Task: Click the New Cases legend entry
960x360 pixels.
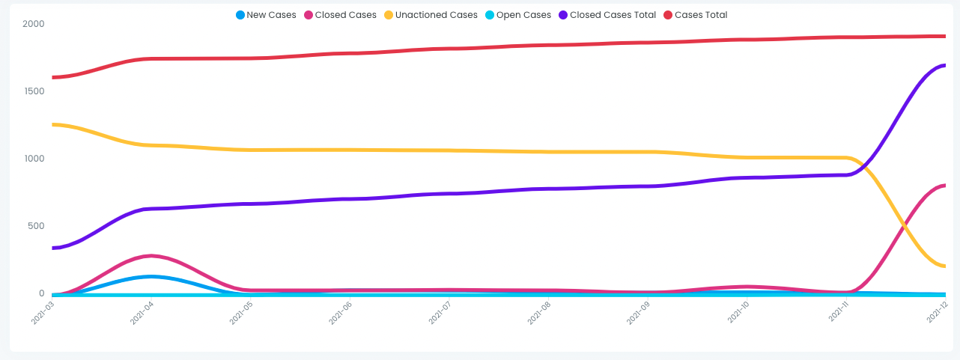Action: click(x=266, y=15)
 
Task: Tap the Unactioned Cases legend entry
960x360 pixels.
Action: click(x=431, y=15)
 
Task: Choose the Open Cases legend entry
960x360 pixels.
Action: click(x=517, y=15)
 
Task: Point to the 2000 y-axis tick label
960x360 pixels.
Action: click(x=34, y=24)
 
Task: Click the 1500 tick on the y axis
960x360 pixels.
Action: click(x=34, y=91)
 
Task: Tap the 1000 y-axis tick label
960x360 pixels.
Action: click(x=34, y=159)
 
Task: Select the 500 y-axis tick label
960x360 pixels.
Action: click(x=36, y=226)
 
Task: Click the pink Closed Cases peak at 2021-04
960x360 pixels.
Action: click(x=151, y=256)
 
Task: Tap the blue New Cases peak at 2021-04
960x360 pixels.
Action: click(x=151, y=277)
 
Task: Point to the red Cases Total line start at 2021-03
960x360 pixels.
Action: click(x=53, y=77)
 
